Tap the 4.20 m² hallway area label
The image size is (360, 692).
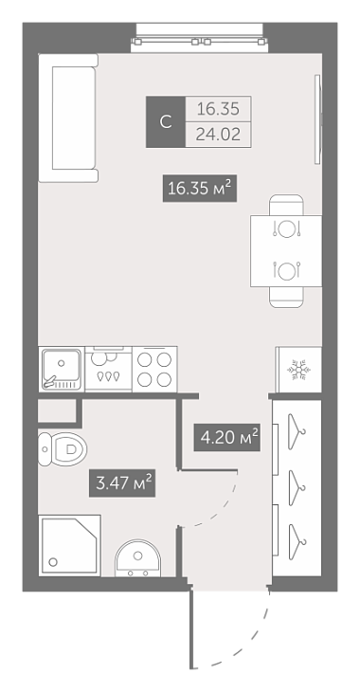pyautogui.click(x=226, y=437)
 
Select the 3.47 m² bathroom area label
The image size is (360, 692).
pyautogui.click(x=122, y=483)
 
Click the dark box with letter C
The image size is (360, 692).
pyautogui.click(x=166, y=121)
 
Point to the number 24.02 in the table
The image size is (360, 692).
pyautogui.click(x=219, y=135)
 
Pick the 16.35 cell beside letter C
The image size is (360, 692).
pyautogui.click(x=218, y=109)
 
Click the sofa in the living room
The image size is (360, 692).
pyautogui.click(x=68, y=118)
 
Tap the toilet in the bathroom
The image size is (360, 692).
pyautogui.click(x=63, y=449)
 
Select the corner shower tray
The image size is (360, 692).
pyautogui.click(x=70, y=545)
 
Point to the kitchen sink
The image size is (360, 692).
pyautogui.click(x=62, y=369)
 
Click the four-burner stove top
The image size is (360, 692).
pyautogui.click(x=154, y=370)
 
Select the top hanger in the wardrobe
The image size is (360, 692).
pyautogui.click(x=297, y=431)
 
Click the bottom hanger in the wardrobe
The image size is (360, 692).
pyautogui.click(x=297, y=542)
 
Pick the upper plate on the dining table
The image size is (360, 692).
pyautogui.click(x=287, y=228)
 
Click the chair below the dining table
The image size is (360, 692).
pyautogui.click(x=287, y=297)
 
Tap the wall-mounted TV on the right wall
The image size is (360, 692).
pyautogui.click(x=317, y=119)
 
